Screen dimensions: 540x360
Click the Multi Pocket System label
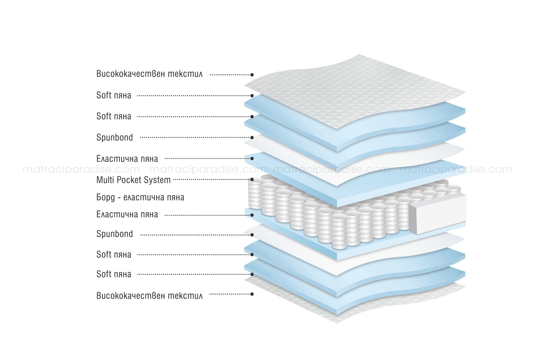(133, 180)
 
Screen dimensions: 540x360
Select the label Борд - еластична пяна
(140, 198)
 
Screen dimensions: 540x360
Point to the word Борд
(106, 198)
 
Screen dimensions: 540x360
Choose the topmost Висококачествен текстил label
(150, 74)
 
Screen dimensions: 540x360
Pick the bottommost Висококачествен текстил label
(150, 296)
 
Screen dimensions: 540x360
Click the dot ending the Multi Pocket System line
(252, 179)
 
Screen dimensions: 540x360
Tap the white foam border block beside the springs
(437, 214)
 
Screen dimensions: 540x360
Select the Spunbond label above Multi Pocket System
(114, 138)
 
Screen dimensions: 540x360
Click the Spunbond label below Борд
(114, 234)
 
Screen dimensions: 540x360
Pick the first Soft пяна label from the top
(114, 95)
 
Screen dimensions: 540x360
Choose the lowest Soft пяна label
(114, 274)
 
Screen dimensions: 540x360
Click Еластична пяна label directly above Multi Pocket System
(127, 159)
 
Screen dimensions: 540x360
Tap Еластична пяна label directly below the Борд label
(127, 215)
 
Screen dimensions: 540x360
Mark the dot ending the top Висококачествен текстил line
(252, 75)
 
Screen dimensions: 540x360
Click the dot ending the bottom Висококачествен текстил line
(252, 294)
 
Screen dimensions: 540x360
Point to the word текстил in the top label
(185, 74)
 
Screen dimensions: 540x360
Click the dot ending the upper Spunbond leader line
(252, 138)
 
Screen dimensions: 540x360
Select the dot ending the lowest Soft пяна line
(252, 274)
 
